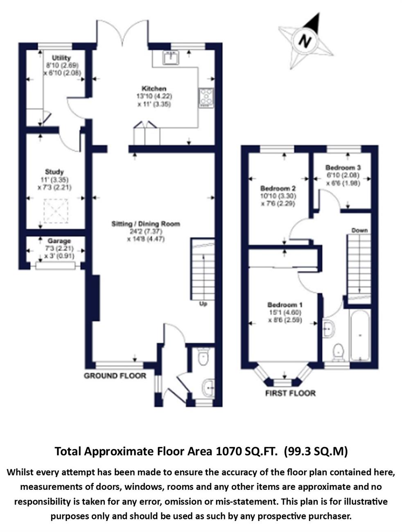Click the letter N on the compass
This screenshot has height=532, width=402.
305,40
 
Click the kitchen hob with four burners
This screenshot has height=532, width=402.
206,98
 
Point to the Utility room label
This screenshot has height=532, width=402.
61,58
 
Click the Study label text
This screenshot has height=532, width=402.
54,172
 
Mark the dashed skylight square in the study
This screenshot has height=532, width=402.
56,211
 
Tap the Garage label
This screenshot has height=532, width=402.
59,241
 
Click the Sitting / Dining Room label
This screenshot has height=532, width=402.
146,223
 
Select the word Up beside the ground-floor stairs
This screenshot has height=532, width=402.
203,303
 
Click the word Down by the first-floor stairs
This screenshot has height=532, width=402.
359,230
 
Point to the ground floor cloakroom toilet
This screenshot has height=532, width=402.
203,356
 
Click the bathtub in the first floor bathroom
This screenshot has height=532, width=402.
360,336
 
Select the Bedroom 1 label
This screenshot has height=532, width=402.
285,304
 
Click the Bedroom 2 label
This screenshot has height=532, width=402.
278,188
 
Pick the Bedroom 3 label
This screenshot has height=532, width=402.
343,167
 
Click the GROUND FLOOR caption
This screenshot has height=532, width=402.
115,376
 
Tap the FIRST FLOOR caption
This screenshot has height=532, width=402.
291,393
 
